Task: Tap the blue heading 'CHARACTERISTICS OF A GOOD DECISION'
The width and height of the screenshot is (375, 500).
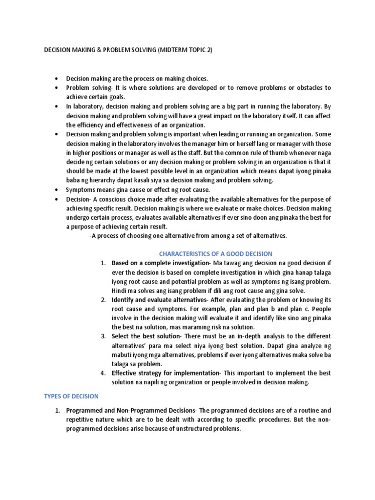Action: pyautogui.click(x=216, y=253)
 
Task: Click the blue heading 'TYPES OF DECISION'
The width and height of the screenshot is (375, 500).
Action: pyautogui.click(x=71, y=396)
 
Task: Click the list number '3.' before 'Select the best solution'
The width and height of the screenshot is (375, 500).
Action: pyautogui.click(x=103, y=336)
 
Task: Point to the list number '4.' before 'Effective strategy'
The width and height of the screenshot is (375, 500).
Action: pyautogui.click(x=103, y=373)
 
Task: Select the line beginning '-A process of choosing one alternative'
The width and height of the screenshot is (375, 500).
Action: pyautogui.click(x=188, y=236)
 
